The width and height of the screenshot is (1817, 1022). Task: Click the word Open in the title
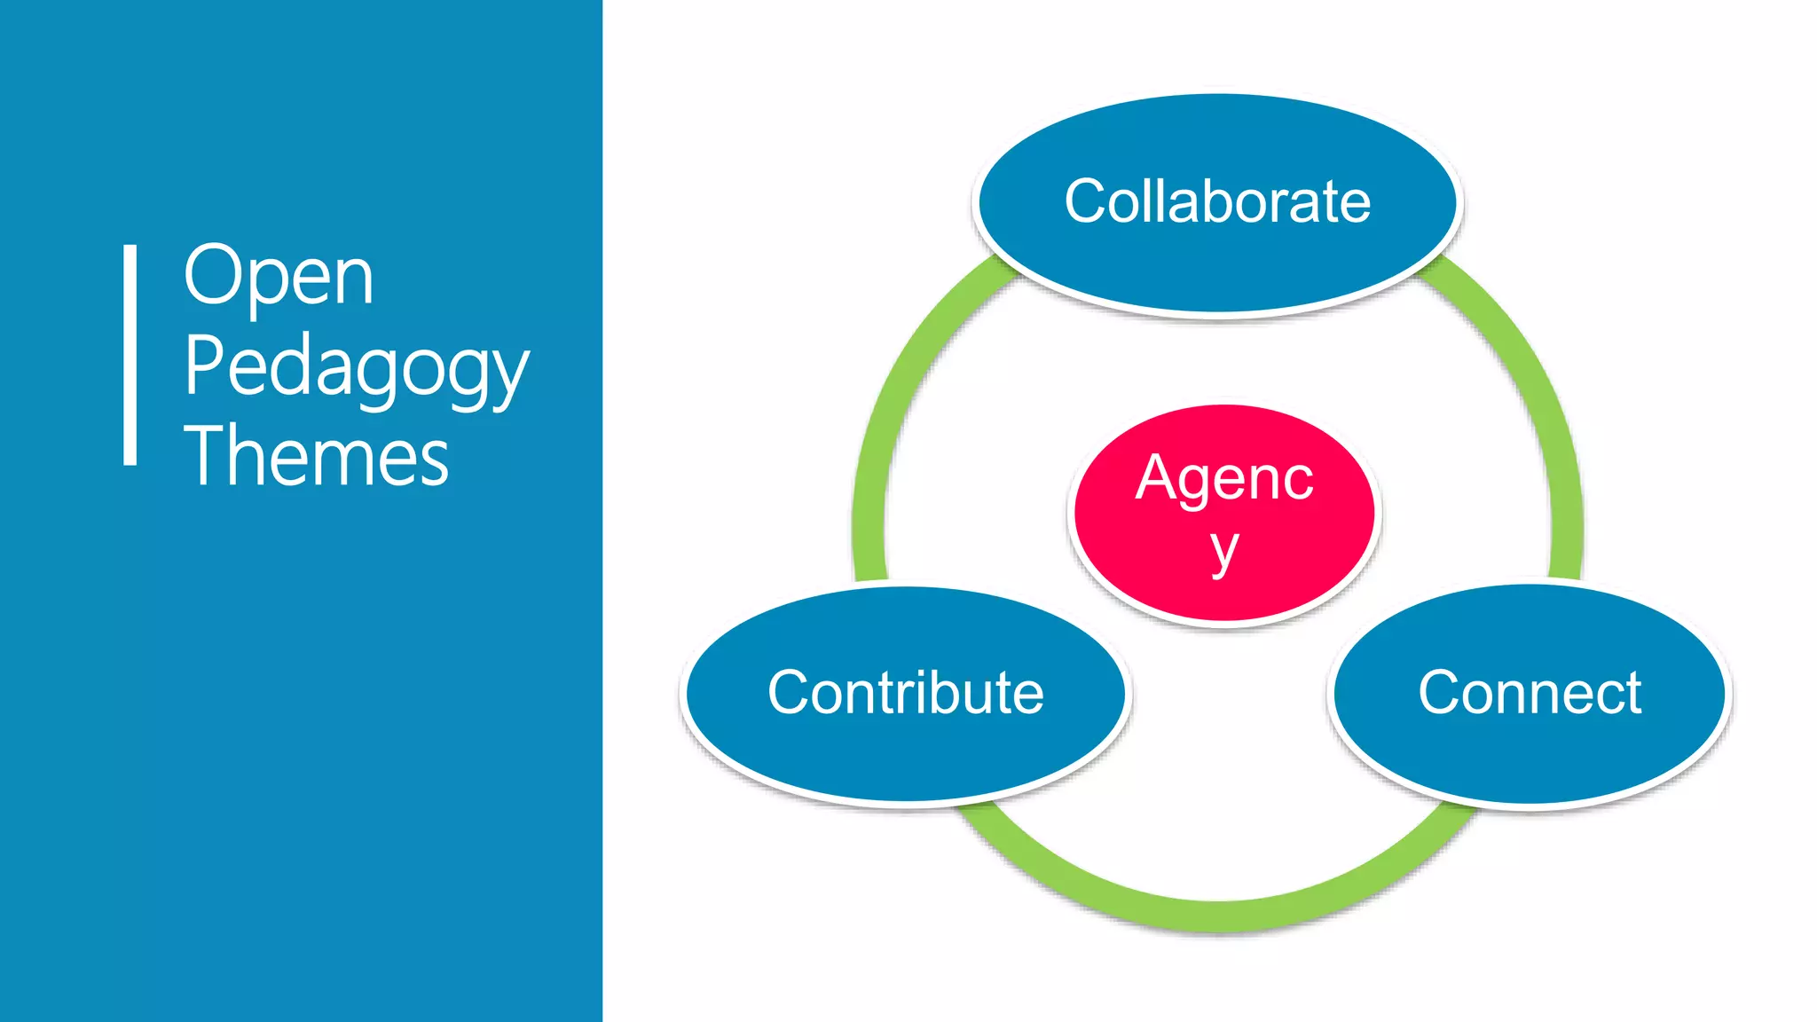tap(278, 277)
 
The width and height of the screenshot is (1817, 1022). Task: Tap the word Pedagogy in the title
tap(356, 368)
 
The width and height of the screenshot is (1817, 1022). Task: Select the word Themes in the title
tap(316, 457)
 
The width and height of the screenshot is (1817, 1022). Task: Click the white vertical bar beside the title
tap(130, 354)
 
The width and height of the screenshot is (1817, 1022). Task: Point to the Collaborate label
tap(1217, 201)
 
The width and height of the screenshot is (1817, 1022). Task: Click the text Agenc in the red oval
tap(1224, 478)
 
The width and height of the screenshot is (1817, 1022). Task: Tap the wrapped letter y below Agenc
tap(1224, 552)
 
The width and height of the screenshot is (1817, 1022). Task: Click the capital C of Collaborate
tap(1088, 201)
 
